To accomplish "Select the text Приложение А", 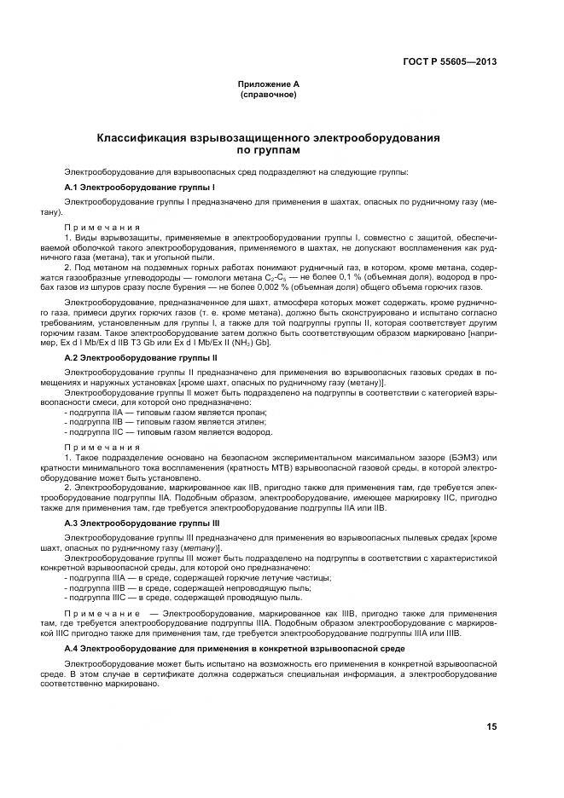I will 268,84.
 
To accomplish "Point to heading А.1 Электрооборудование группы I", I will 139,186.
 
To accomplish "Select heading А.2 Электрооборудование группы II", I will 141,358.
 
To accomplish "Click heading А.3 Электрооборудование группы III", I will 142,522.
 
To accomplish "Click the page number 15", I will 491,726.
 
